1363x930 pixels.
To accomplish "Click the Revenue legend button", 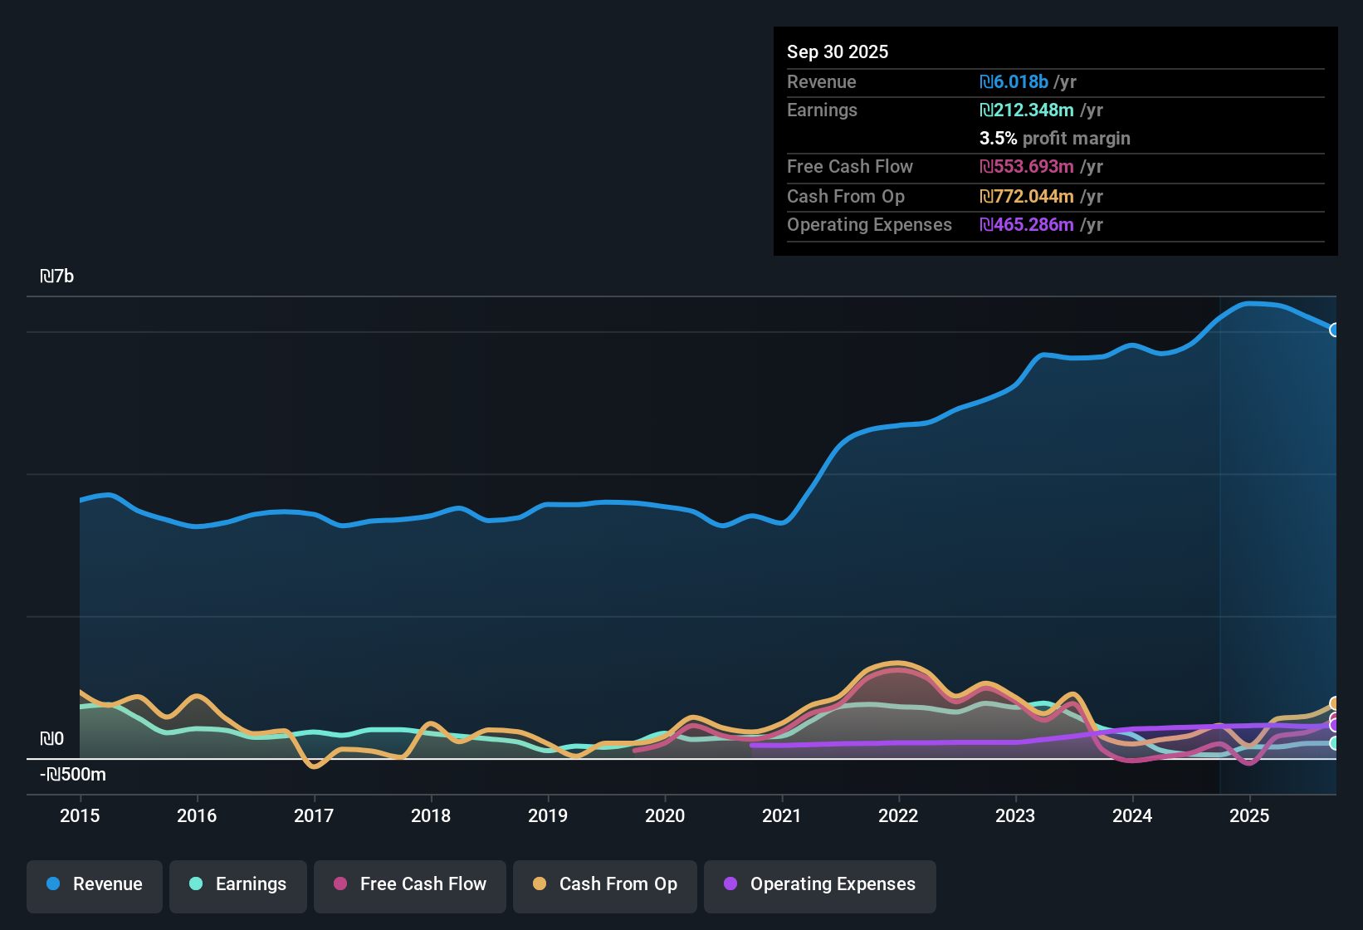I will (95, 884).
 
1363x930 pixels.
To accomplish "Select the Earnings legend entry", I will (238, 884).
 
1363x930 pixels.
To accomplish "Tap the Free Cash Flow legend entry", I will (410, 884).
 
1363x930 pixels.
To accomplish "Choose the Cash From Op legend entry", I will (605, 884).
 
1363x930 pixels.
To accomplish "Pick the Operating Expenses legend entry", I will (820, 884).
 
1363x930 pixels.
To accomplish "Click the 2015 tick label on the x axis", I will (80, 815).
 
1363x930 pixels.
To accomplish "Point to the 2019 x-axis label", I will (548, 815).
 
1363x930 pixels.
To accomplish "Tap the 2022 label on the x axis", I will (898, 815).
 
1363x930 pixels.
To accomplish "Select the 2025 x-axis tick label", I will (1249, 815).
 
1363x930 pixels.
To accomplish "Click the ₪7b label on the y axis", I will (56, 277).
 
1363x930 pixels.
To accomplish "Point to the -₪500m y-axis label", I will (73, 775).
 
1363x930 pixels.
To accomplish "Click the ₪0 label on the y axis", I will (51, 739).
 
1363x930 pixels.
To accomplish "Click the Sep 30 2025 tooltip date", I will (838, 51).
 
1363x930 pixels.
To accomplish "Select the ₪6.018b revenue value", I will (1014, 81).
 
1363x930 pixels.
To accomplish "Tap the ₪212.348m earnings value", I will (1027, 110).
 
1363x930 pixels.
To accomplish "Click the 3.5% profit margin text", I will (1054, 138).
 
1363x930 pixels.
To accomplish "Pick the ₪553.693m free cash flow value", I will (1027, 166).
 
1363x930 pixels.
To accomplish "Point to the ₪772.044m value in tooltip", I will (1027, 196).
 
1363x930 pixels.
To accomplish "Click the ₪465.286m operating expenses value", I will (1027, 224).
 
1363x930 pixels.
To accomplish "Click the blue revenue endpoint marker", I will (1334, 330).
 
